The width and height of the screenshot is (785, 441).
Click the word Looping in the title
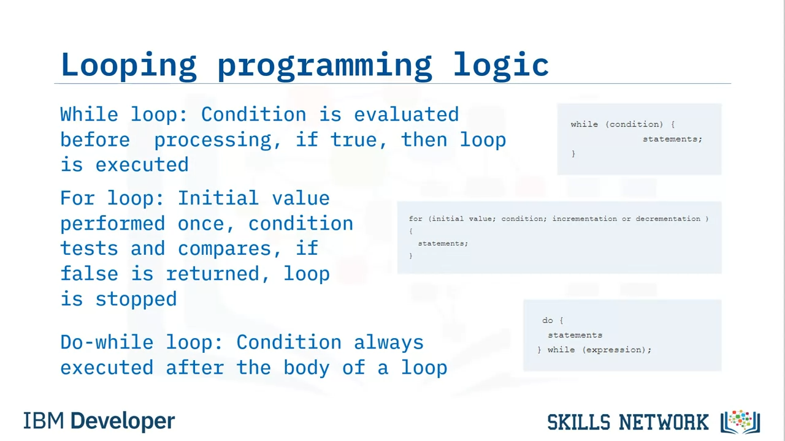[129, 66]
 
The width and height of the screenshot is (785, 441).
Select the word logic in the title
[501, 66]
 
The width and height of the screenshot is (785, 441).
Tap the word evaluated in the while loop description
[406, 115]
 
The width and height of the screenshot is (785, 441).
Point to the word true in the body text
[353, 140]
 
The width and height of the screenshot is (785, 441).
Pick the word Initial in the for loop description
[218, 198]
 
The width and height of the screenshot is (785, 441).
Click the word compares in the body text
[224, 249]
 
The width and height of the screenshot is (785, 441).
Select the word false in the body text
[90, 273]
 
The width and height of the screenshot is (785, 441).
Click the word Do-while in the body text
[107, 342]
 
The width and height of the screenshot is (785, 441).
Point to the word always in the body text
[389, 343]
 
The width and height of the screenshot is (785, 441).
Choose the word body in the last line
[307, 368]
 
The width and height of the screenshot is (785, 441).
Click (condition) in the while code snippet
[634, 124]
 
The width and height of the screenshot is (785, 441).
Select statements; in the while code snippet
[673, 139]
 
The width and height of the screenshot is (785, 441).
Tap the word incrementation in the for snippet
[584, 219]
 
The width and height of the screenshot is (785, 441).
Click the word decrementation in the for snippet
[668, 219]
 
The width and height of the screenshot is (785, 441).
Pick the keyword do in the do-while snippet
[548, 320]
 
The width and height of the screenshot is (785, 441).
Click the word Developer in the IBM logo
[123, 421]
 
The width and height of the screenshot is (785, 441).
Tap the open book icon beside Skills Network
[740, 422]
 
